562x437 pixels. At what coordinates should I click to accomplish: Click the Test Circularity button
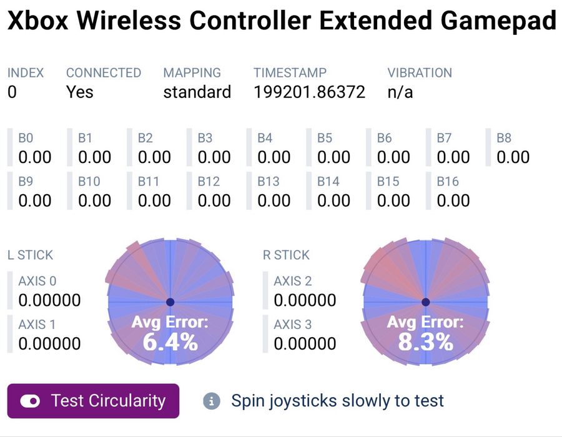(93, 401)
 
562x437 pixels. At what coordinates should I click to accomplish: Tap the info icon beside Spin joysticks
(212, 401)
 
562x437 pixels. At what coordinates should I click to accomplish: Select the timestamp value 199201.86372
(309, 92)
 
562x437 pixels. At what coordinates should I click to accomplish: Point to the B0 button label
(26, 138)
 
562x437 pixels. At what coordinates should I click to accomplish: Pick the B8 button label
(504, 138)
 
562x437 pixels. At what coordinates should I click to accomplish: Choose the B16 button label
(448, 182)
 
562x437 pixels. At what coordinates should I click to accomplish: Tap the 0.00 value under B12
(214, 200)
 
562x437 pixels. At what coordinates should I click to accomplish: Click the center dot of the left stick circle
(170, 302)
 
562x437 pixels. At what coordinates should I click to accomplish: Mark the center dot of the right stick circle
(426, 302)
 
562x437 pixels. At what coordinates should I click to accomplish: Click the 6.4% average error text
(170, 341)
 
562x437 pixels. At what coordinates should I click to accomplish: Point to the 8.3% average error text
(426, 341)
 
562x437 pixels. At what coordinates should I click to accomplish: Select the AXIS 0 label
(37, 281)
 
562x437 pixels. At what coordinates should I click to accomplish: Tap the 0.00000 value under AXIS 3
(305, 343)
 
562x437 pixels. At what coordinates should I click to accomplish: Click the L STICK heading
(30, 255)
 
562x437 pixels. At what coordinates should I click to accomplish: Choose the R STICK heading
(287, 255)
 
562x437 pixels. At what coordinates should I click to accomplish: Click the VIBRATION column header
(420, 72)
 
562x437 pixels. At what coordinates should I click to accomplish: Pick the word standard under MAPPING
(197, 92)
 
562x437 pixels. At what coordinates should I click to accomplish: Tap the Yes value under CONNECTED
(80, 92)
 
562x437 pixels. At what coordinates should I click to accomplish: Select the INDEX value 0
(12, 92)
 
